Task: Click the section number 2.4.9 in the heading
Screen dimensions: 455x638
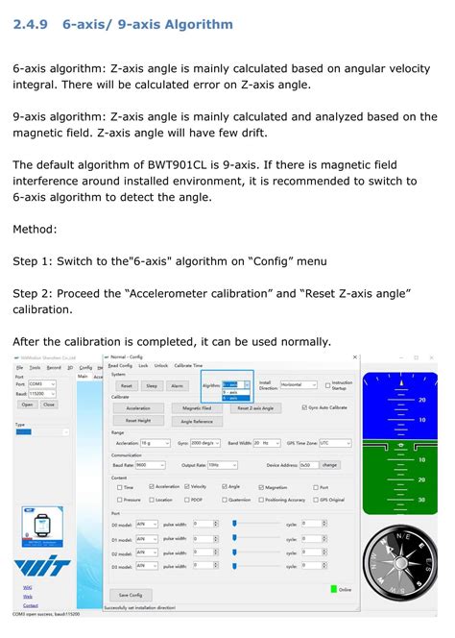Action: click(34, 24)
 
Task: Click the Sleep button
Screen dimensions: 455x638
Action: click(152, 385)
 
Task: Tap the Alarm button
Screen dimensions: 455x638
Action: click(177, 385)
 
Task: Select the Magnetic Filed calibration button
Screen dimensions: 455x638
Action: click(197, 408)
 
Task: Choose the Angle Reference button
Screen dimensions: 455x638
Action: click(197, 421)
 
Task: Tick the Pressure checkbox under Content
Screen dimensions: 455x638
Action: click(119, 500)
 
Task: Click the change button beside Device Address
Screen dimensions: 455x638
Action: click(329, 464)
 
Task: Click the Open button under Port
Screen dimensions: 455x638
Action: click(27, 405)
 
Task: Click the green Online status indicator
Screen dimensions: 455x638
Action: click(334, 589)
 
